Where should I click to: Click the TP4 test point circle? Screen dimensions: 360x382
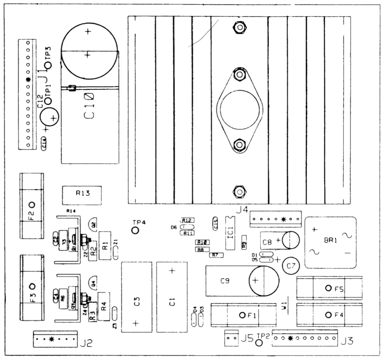point(135,230)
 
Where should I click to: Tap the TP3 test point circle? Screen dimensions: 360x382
point(49,66)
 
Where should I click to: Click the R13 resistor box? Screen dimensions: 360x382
point(82,195)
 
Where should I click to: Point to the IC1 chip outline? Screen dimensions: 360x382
point(231,233)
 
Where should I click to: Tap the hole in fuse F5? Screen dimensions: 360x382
point(328,288)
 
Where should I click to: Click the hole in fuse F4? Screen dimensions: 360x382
point(328,315)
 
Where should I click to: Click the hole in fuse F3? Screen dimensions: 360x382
point(32,286)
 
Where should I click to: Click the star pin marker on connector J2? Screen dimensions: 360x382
point(50,339)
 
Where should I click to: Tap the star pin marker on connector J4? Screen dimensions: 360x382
point(284,219)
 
